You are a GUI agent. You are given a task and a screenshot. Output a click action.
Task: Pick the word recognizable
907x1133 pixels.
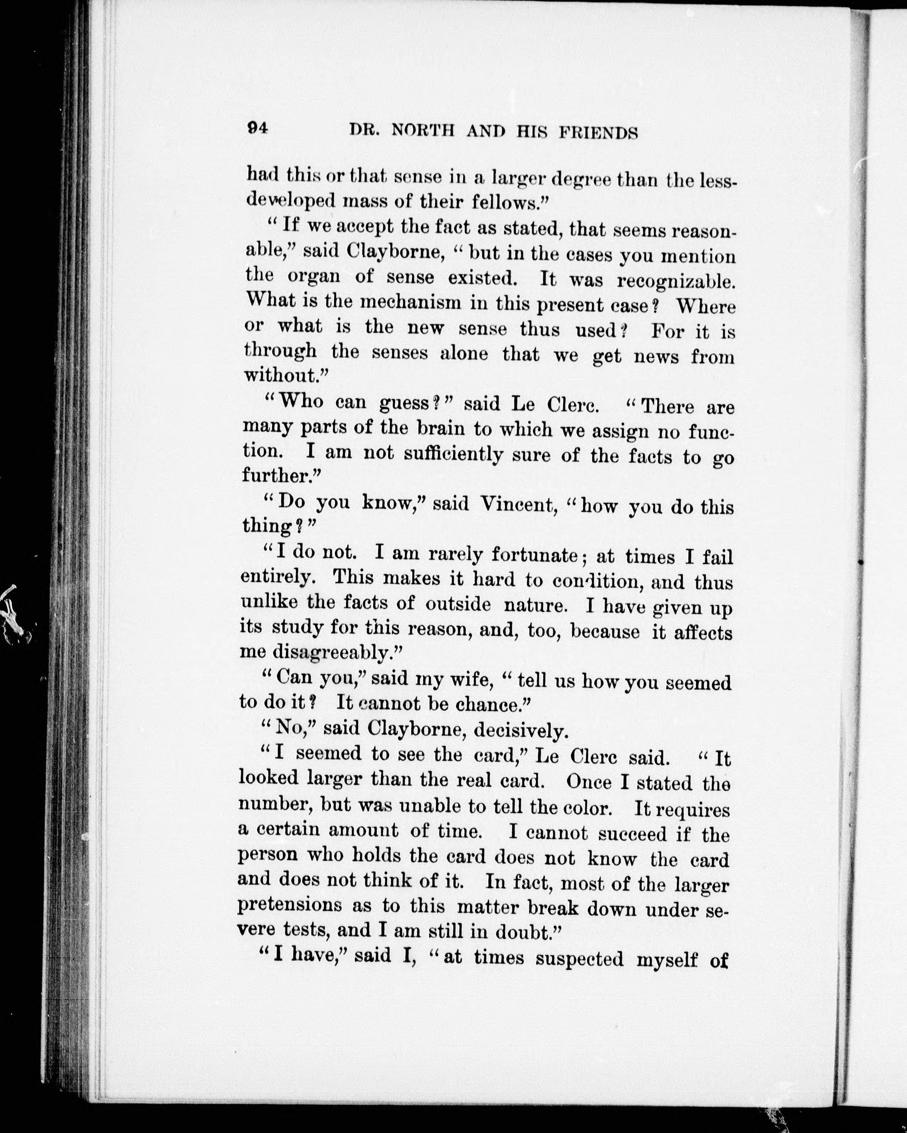(676, 281)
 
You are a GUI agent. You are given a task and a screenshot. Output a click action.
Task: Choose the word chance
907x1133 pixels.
(493, 704)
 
